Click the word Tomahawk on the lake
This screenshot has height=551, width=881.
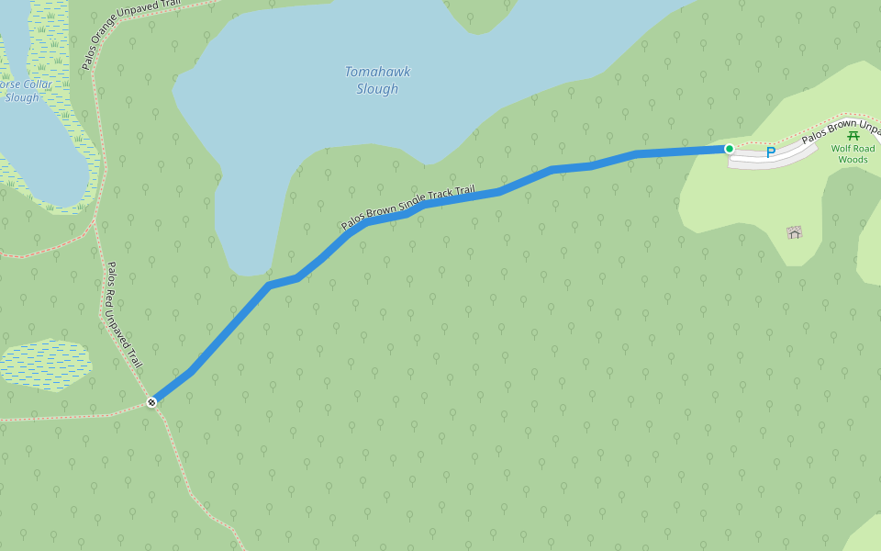[377, 72]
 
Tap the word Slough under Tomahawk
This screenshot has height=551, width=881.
[377, 89]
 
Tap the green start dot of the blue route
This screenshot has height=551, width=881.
[729, 149]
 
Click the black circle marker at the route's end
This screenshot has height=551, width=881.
[152, 401]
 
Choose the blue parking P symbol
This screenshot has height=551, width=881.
[771, 152]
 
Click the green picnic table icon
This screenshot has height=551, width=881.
[853, 136]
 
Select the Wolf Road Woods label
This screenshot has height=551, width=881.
[853, 153]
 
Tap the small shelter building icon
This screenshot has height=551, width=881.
[795, 232]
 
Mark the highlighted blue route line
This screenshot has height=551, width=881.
[459, 197]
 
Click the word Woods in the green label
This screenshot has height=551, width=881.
[853, 160]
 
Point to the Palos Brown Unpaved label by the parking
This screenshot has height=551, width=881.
[840, 133]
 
